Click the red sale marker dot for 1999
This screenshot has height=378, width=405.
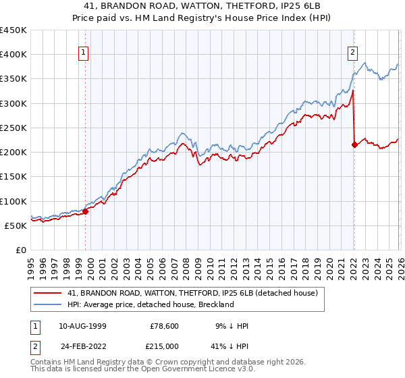coord(86,211)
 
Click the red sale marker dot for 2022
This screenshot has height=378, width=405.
coord(354,144)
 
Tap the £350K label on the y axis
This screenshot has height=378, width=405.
coord(14,79)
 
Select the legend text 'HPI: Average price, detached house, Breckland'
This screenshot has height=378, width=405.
coord(150,304)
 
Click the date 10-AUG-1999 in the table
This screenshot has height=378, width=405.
coord(83,326)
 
